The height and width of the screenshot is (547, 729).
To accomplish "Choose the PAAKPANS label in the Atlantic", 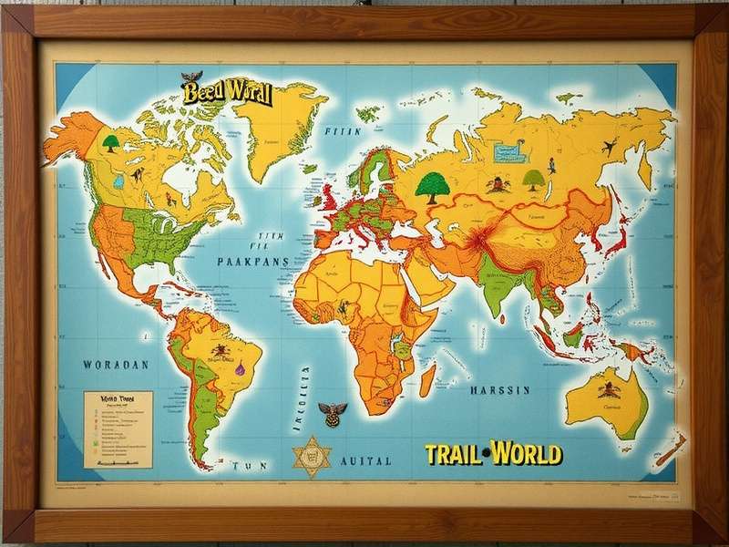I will (x=253, y=261).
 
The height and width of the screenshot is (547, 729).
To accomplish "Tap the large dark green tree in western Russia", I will (x=433, y=185).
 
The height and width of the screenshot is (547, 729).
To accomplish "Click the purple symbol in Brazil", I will (x=241, y=370).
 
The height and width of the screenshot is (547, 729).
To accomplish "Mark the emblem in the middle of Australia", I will (x=605, y=389).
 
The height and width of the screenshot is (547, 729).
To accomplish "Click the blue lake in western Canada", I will (x=118, y=181).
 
